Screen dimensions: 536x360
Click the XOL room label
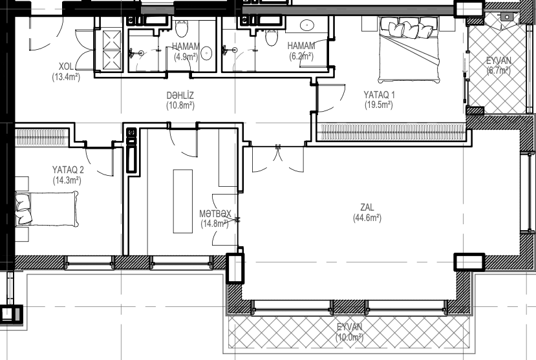[66, 67]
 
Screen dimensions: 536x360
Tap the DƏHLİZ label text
[180, 95]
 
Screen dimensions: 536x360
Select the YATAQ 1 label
[379, 94]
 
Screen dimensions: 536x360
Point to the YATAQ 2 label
[68, 170]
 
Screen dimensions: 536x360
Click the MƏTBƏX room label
[215, 214]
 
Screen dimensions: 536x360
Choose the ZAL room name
[367, 207]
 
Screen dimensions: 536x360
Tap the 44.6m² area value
[367, 218]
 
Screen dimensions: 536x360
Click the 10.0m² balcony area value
[349, 337]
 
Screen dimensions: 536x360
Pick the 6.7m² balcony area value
[498, 70]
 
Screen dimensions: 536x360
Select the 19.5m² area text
[379, 105]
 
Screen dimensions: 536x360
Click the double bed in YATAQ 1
[409, 50]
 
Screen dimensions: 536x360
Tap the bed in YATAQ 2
[47, 208]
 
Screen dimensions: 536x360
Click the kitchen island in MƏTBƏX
[182, 201]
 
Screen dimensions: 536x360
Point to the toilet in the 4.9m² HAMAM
[182, 28]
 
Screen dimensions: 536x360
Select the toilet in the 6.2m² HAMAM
[272, 37]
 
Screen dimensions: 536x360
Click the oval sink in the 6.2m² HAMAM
[307, 25]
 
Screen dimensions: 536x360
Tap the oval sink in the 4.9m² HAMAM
[206, 54]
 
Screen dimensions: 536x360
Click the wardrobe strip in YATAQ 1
[391, 132]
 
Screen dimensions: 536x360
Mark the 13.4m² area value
[66, 77]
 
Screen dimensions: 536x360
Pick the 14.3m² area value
[67, 180]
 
